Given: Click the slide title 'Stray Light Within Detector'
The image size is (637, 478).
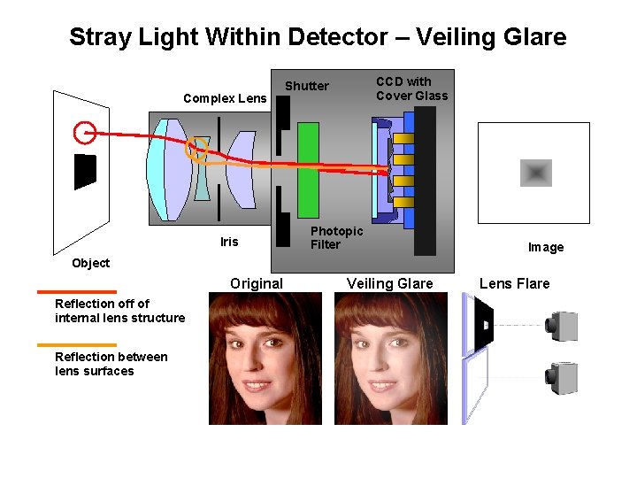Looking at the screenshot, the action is (317, 37).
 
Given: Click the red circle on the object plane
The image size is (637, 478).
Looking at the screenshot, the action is (85, 133).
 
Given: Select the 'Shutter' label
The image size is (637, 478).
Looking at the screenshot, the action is (306, 86).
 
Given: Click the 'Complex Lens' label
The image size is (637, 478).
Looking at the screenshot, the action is (224, 98).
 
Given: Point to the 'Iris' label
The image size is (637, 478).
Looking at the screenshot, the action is (229, 242).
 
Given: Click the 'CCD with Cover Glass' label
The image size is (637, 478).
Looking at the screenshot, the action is (411, 89).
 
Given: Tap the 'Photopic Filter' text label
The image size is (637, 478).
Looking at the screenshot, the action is (336, 237).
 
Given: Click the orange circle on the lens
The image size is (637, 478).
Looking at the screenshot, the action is (196, 150).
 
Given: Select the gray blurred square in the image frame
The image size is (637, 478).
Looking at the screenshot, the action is (535, 173).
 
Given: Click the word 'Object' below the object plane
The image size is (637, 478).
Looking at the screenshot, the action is (90, 263).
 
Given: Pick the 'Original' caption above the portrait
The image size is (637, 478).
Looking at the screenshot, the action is (257, 283).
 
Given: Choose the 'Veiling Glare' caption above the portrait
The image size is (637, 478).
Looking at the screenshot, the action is (389, 283).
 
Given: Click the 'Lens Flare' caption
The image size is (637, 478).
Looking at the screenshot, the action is (514, 283).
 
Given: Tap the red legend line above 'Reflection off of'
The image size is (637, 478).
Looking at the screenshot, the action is (76, 291).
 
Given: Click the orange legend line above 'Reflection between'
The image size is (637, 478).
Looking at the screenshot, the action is (76, 345).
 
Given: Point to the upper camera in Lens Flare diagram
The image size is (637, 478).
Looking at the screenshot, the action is (563, 326).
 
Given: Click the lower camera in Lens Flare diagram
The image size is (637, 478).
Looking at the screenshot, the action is (563, 378).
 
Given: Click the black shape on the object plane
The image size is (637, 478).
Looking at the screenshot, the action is (84, 171).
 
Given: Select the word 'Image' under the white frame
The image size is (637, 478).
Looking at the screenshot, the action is (545, 247).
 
